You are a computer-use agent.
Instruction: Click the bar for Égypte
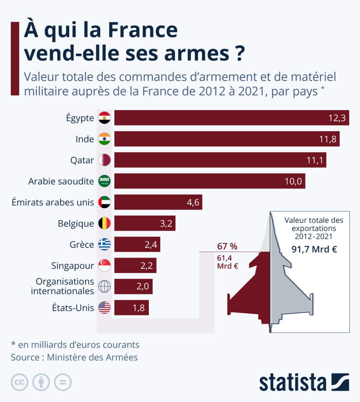[232, 118]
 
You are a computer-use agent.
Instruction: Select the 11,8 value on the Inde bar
[329, 139]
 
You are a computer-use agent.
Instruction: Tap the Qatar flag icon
[104, 160]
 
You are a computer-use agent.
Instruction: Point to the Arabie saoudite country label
[61, 181]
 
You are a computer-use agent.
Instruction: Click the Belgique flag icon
[104, 224]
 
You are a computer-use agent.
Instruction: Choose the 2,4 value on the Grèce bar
[151, 245]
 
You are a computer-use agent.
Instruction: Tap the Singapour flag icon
[104, 266]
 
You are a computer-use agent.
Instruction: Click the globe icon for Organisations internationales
[104, 286]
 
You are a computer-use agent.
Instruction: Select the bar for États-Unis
[132, 308]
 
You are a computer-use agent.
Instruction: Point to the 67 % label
[227, 246]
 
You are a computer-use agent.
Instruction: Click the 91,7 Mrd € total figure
[314, 249]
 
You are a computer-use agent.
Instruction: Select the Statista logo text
[292, 382]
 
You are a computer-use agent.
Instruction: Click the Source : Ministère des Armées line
[74, 357]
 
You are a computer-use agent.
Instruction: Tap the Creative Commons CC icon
[19, 382]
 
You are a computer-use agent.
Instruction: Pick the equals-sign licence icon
[63, 382]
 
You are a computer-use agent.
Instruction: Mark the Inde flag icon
[104, 139]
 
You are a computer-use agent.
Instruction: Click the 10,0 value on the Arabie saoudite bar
[293, 181]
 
